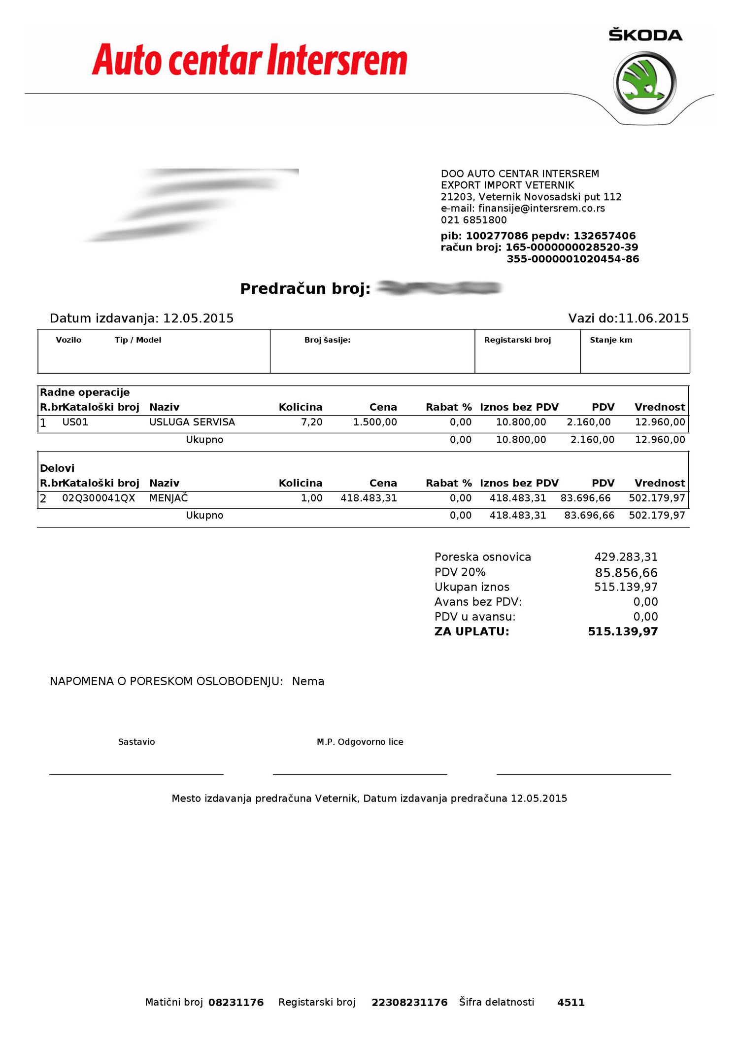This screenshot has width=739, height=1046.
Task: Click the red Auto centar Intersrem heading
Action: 249,60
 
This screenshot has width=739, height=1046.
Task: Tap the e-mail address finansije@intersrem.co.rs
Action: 541,209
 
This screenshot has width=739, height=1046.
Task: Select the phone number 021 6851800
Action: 473,220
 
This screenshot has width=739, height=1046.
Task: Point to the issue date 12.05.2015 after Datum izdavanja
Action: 198,318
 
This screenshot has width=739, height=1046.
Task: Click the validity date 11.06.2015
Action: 653,318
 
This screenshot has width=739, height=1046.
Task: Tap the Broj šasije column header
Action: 327,340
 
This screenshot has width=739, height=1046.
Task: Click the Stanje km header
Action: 611,340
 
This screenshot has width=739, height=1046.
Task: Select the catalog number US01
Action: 75,422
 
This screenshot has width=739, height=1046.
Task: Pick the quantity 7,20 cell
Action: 311,422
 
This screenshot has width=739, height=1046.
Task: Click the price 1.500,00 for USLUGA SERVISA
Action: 375,422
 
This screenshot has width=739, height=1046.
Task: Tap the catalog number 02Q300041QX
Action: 99,498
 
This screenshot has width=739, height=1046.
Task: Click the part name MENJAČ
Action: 168,498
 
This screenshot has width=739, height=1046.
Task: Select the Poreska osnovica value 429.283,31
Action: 626,557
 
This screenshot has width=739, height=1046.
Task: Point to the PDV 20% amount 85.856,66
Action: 626,573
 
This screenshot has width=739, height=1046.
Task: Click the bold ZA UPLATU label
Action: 471,632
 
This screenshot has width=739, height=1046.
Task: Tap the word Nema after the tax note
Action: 308,682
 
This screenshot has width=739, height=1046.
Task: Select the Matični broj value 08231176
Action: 236,1003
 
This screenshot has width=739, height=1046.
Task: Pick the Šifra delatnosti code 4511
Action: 571,1003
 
